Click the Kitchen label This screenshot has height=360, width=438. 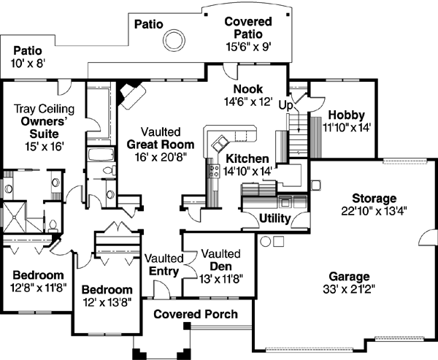247,158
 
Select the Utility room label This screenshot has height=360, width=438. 275,219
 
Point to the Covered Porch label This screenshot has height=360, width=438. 196,315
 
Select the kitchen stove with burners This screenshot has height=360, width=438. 215,172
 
